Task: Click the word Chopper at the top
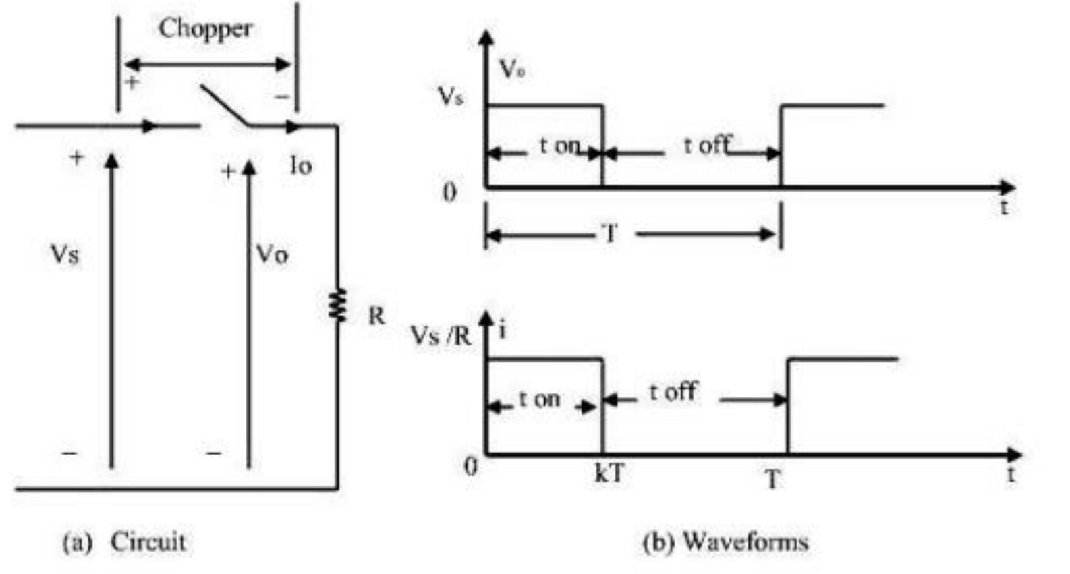coord(205,29)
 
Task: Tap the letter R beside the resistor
coord(376,315)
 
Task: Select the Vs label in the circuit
coord(65,255)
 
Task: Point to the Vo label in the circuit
coord(272,255)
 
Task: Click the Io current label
coord(301,166)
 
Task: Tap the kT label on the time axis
coord(609,474)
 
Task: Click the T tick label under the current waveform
coord(773,480)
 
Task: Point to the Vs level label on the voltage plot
coord(450,96)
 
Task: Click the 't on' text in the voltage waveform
coord(559,145)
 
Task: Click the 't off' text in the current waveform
coord(673,391)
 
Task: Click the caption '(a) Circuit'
coord(124,542)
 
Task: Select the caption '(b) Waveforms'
coord(725,542)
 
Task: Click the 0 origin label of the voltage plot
coord(449,193)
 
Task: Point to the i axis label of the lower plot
coord(502,331)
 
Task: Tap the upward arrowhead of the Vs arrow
coord(112,161)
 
